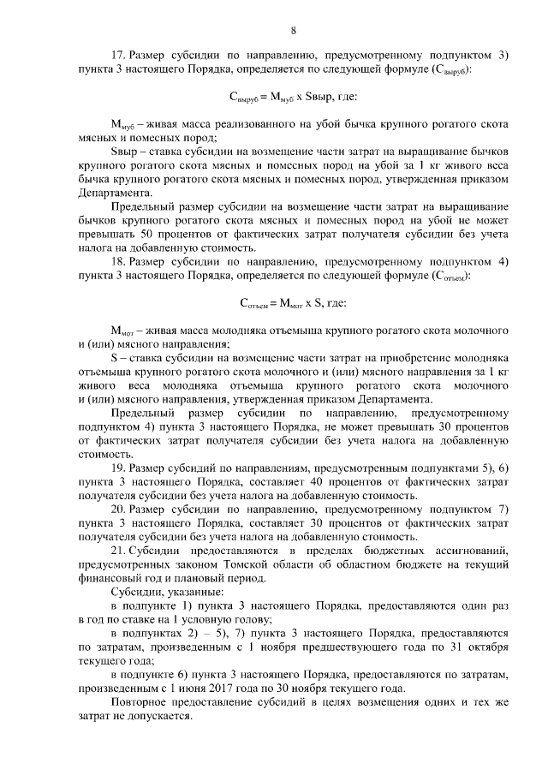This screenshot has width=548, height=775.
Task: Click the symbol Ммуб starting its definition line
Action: tap(124, 125)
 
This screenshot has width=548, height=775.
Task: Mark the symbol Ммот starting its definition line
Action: tap(124, 331)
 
